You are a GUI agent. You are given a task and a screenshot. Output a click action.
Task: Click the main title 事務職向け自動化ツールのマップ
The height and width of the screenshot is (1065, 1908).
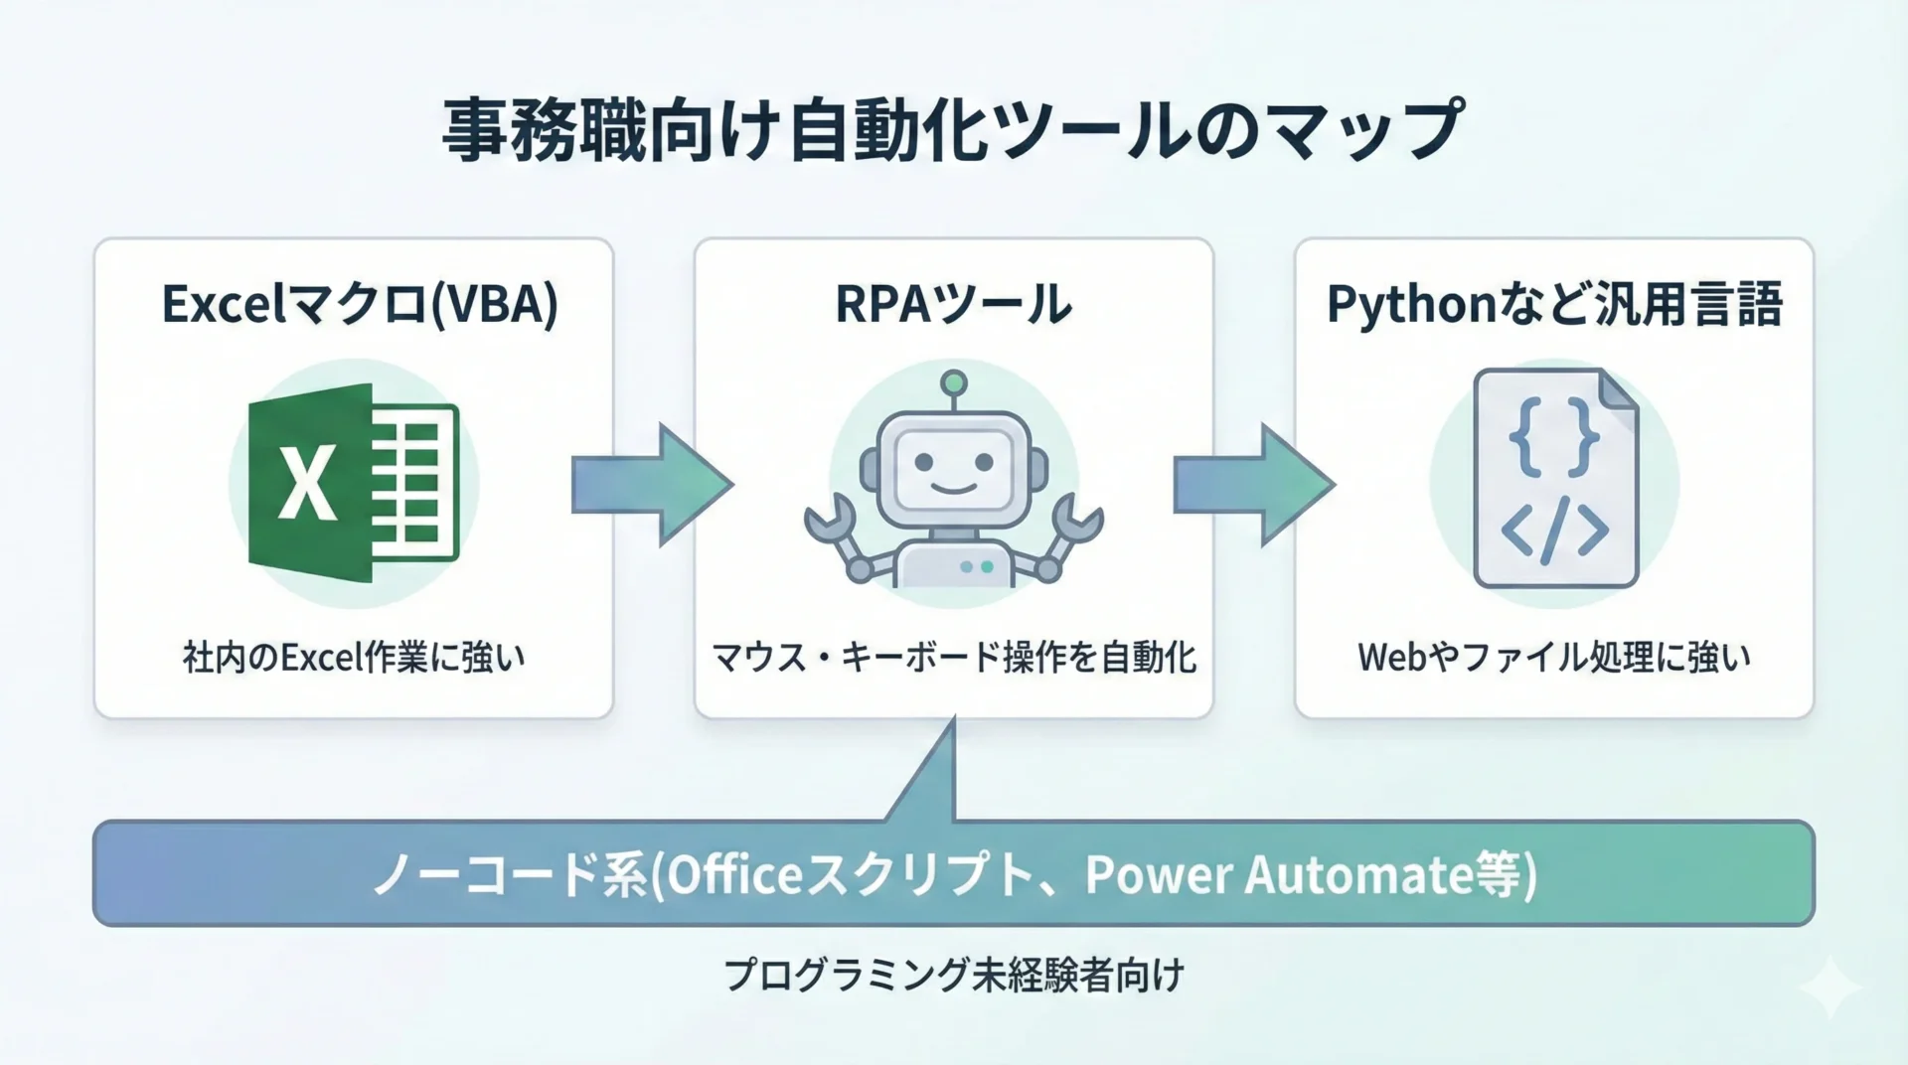click(952, 130)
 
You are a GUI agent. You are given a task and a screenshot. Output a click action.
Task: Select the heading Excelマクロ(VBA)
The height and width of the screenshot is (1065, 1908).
click(360, 304)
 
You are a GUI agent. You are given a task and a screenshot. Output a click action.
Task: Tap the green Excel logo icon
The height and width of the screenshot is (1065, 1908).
click(353, 483)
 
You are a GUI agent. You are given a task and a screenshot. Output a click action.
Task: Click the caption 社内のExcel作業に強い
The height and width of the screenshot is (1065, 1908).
click(354, 658)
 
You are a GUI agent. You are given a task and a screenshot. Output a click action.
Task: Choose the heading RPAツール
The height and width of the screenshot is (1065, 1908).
click(953, 304)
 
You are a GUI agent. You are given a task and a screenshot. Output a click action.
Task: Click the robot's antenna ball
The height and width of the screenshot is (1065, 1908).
click(954, 381)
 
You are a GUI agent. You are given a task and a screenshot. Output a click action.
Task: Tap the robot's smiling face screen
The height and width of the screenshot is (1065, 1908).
click(953, 465)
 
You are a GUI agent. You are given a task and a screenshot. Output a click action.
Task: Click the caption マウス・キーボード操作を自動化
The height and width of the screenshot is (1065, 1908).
click(954, 658)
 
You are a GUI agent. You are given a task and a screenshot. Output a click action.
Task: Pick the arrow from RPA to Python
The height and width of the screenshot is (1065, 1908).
click(1254, 485)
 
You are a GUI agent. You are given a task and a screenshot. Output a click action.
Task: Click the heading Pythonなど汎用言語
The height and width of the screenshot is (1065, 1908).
click(1554, 304)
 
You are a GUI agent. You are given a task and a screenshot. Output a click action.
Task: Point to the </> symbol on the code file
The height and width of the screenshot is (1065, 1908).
click(1554, 530)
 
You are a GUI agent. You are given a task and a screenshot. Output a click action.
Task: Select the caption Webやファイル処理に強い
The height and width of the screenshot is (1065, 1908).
click(1554, 658)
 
